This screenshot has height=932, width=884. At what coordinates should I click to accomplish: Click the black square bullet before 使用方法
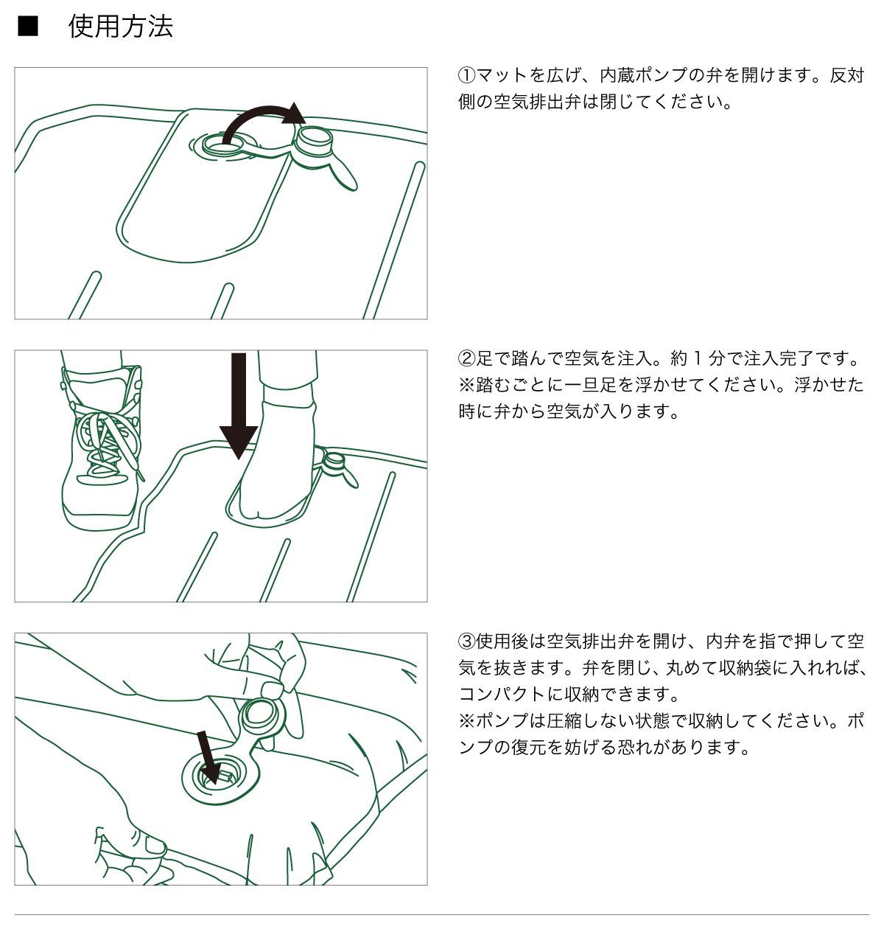[x=27, y=27]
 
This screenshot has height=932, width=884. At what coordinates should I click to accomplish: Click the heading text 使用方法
[x=121, y=27]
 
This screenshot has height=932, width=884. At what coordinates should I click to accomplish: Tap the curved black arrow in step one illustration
[x=258, y=120]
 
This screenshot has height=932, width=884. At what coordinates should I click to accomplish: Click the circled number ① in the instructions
[x=468, y=75]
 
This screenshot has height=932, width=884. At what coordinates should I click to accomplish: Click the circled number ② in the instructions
[x=468, y=359]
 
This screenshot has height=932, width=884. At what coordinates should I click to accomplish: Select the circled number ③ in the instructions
[x=468, y=640]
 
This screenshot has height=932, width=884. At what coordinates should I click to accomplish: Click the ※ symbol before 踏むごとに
[x=467, y=386]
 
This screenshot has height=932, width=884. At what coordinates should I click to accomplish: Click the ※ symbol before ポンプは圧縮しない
[x=467, y=720]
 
